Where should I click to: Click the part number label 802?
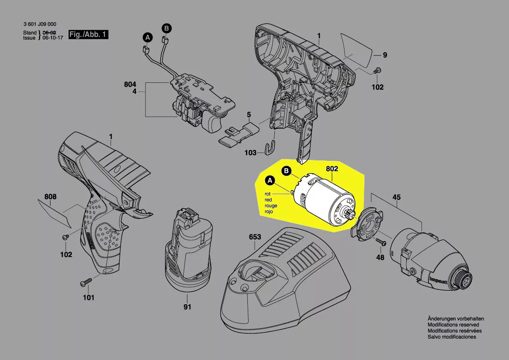point(332,168)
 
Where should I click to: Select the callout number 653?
point(255,237)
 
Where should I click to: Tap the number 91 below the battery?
point(187,307)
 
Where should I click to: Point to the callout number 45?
point(397,197)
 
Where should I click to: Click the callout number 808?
point(51,197)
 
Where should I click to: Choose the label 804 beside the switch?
point(130,84)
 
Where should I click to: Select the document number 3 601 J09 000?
point(40,24)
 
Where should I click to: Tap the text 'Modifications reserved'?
point(453,325)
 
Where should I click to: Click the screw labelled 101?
point(85,283)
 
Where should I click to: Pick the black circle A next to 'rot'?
point(270,180)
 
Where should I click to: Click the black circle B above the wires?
point(166,28)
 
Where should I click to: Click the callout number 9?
point(385,55)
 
